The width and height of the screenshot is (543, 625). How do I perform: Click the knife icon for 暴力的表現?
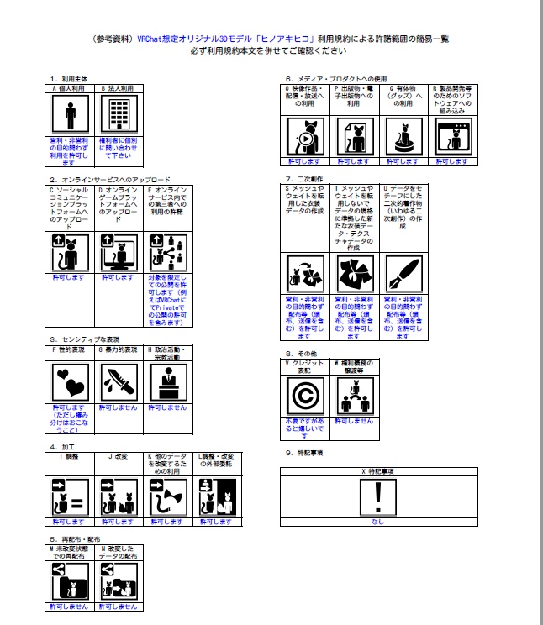pyautogui.click(x=120, y=383)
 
